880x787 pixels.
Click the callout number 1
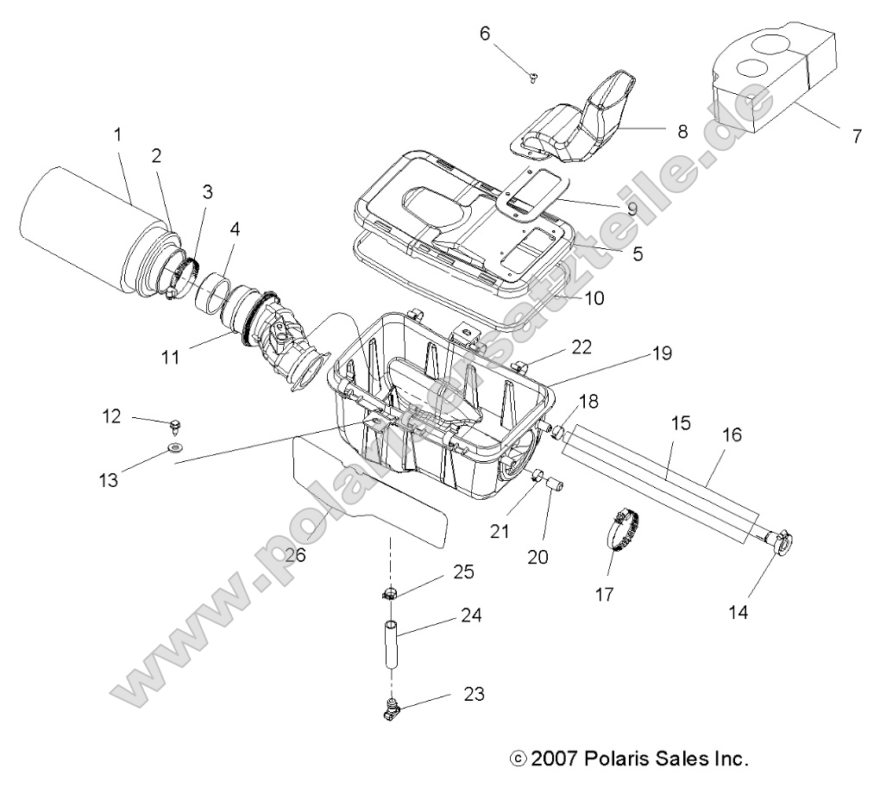tap(118, 134)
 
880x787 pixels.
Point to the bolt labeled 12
tap(176, 423)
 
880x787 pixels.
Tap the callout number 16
tap(731, 435)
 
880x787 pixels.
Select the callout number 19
tap(685, 353)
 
